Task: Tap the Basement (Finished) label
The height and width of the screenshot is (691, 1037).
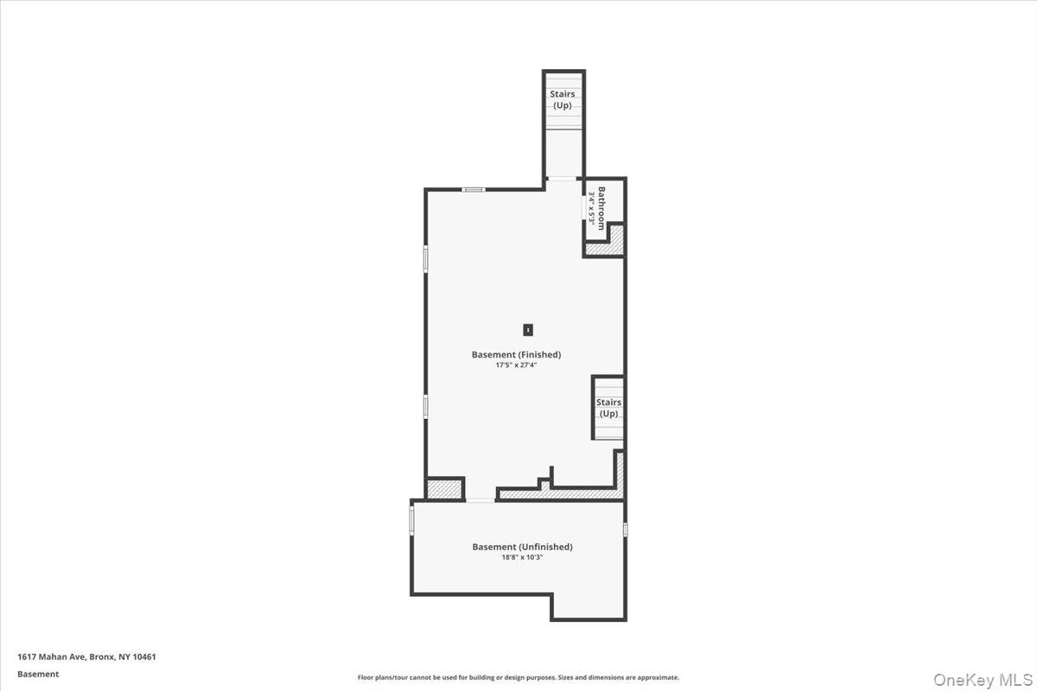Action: click(x=516, y=354)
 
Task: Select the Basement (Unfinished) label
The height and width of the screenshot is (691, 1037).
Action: click(x=522, y=547)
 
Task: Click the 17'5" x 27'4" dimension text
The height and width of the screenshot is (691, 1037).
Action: click(x=516, y=365)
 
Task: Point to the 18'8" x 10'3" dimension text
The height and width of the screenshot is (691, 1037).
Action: click(x=522, y=558)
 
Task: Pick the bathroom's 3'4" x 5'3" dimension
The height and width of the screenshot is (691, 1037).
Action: click(x=592, y=208)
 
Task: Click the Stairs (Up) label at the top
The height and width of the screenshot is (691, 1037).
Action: click(x=563, y=99)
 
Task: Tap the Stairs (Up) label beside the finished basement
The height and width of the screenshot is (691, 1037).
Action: click(x=608, y=408)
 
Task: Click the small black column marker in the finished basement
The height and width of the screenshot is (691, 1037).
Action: click(x=527, y=329)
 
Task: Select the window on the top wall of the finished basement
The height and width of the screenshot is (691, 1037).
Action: click(x=473, y=189)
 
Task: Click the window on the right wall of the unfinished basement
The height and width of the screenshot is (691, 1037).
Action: click(x=625, y=529)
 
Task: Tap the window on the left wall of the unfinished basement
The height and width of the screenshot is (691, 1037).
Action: click(x=411, y=519)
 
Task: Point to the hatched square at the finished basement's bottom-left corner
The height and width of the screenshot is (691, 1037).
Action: click(x=445, y=489)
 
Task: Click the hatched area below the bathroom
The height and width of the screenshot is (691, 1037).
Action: click(x=605, y=249)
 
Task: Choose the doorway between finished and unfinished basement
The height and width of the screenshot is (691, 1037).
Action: click(x=480, y=499)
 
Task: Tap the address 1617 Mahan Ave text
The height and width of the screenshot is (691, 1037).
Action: click(x=86, y=656)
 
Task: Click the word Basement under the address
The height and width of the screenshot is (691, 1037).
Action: click(x=38, y=674)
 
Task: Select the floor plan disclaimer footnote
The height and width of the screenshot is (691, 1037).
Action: click(x=518, y=678)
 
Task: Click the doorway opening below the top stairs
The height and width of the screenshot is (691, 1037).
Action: click(x=563, y=178)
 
